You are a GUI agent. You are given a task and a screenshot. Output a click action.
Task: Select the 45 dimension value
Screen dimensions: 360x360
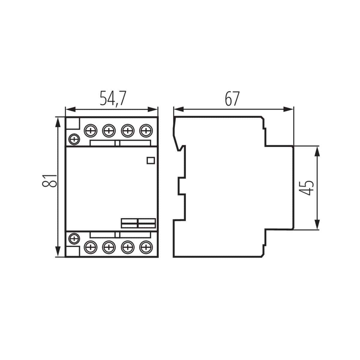[307, 188]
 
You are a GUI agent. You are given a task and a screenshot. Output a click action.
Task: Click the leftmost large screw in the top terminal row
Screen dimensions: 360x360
[90, 130]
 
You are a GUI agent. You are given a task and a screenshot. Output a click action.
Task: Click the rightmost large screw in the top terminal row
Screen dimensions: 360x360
[146, 130]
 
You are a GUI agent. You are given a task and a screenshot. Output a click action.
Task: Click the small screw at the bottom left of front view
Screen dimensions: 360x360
[74, 239]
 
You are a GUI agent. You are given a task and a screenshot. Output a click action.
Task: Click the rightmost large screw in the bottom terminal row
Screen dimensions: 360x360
[146, 247]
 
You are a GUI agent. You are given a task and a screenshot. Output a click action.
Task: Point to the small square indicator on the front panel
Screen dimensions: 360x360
[150, 160]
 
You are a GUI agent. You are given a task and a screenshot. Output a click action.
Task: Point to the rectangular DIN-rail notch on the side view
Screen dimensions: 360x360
[182, 186]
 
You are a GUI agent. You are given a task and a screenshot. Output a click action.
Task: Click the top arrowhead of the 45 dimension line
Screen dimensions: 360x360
[317, 151]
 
